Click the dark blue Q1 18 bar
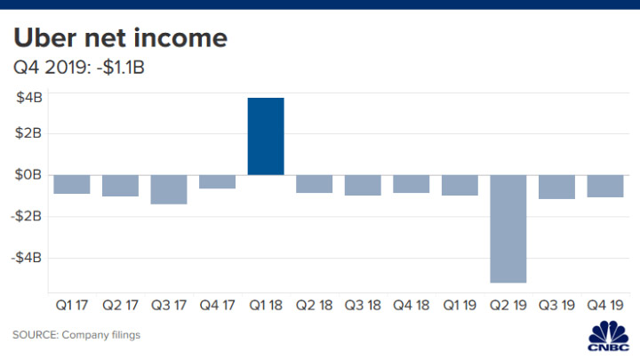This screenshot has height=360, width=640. pyautogui.click(x=266, y=136)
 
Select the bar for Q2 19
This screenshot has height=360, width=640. pyautogui.click(x=508, y=228)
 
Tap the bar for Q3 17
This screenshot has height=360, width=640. pyautogui.click(x=169, y=189)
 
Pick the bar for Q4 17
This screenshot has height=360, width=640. pyautogui.click(x=217, y=181)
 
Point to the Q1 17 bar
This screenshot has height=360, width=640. pyautogui.click(x=71, y=184)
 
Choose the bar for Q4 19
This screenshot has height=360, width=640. pyautogui.click(x=605, y=186)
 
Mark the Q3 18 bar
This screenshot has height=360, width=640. pyautogui.click(x=363, y=185)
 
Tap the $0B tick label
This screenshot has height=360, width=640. pyautogui.click(x=28, y=175)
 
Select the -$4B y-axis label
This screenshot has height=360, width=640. pyautogui.click(x=26, y=257)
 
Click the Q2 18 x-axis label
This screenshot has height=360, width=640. pyautogui.click(x=314, y=304)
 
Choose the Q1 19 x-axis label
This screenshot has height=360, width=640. pyautogui.click(x=460, y=304)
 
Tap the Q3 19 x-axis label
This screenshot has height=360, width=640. pyautogui.click(x=556, y=304)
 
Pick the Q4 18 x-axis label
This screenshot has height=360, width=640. pyautogui.click(x=411, y=304)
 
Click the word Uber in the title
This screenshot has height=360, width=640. pyautogui.click(x=45, y=39)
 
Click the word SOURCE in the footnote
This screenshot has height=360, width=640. pyautogui.click(x=35, y=335)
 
